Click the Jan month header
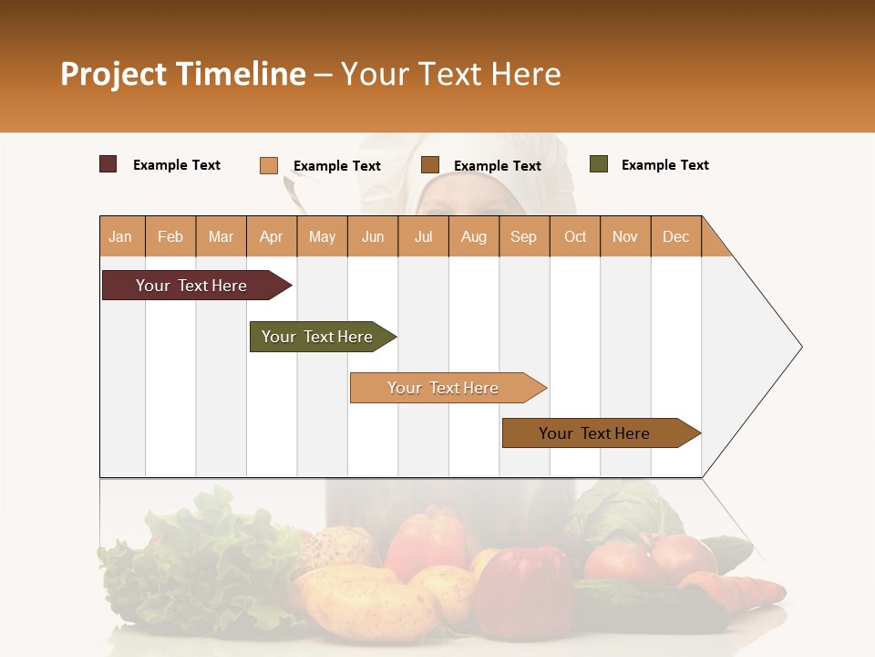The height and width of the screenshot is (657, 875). (x=120, y=236)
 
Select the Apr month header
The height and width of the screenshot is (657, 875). (x=271, y=236)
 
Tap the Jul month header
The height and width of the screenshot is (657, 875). (x=423, y=236)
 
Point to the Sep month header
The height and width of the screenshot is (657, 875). (x=523, y=236)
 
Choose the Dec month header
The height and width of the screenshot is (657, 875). (x=675, y=236)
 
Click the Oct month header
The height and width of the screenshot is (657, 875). (x=574, y=236)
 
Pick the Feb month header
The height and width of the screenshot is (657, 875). (x=170, y=236)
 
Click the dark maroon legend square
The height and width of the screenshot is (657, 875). (x=108, y=164)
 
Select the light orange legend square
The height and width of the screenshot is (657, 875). (x=268, y=165)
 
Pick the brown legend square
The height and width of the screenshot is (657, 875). (x=430, y=165)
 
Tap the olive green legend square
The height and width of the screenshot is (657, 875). (x=598, y=164)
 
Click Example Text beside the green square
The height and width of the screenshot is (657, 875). (x=664, y=165)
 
